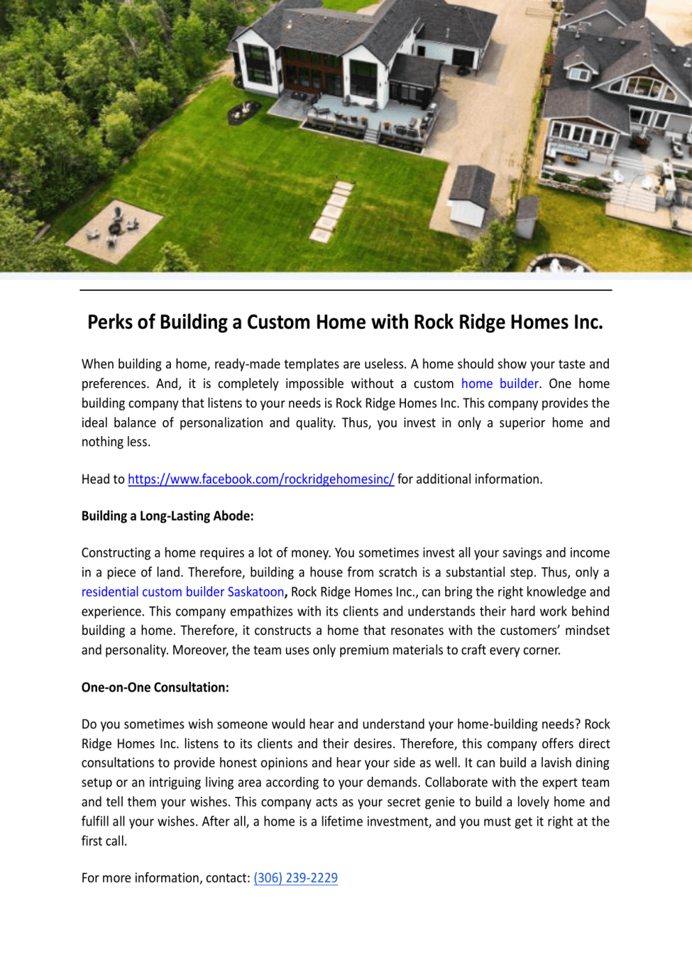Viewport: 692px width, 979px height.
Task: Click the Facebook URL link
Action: tap(261, 479)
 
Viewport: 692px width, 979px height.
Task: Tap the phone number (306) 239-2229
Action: tap(296, 878)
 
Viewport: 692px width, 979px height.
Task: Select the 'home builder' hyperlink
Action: tap(499, 384)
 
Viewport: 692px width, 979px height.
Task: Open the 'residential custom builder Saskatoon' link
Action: tap(183, 592)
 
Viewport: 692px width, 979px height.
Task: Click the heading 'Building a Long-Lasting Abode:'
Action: tap(167, 516)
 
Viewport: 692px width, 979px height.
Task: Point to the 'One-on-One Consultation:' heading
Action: tap(155, 687)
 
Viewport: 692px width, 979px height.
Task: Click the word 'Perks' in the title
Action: tap(110, 322)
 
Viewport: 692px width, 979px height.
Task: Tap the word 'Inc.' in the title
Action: tap(588, 322)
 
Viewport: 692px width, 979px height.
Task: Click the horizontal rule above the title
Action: tap(346, 290)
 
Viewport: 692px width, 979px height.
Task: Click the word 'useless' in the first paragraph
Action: tap(384, 364)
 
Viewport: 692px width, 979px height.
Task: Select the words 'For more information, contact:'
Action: tap(165, 878)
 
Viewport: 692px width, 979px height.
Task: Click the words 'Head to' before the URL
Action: tap(103, 479)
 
